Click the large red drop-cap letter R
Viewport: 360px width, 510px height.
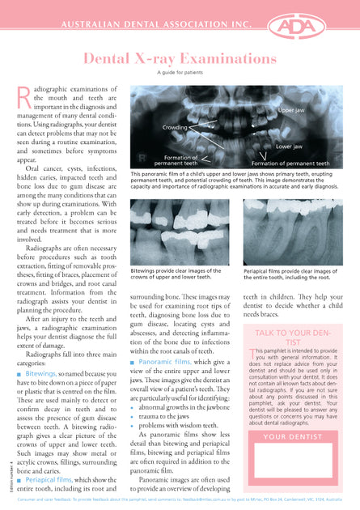click(x=23, y=97)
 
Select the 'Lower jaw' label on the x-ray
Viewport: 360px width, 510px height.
click(x=289, y=147)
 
